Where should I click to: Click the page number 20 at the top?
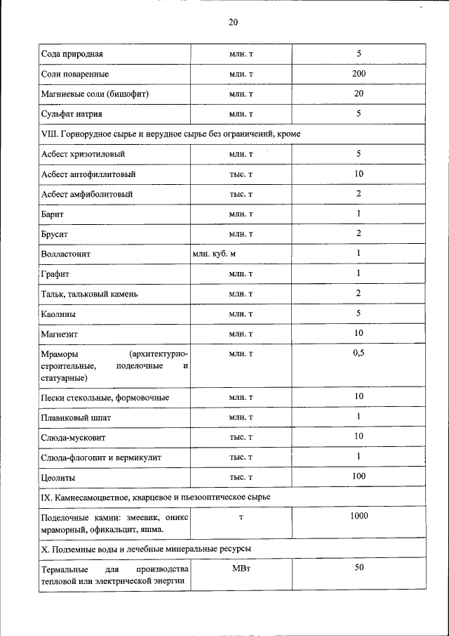pos(233,22)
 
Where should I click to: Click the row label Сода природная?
pos(72,54)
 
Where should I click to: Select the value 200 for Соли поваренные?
pos(358,74)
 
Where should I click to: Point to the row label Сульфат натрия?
pos(73,113)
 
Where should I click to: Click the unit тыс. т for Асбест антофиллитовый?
pos(241,173)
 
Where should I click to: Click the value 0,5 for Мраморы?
pos(358,353)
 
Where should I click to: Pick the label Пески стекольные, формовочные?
pos(105,398)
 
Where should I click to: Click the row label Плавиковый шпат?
pos(76,417)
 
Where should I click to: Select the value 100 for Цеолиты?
pos(358,477)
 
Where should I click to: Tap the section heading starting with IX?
pos(156,498)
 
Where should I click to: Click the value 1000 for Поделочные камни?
pos(358,517)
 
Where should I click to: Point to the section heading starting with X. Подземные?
pos(147,547)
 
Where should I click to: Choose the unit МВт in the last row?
pos(241,568)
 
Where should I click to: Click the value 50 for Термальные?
pos(358,567)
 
